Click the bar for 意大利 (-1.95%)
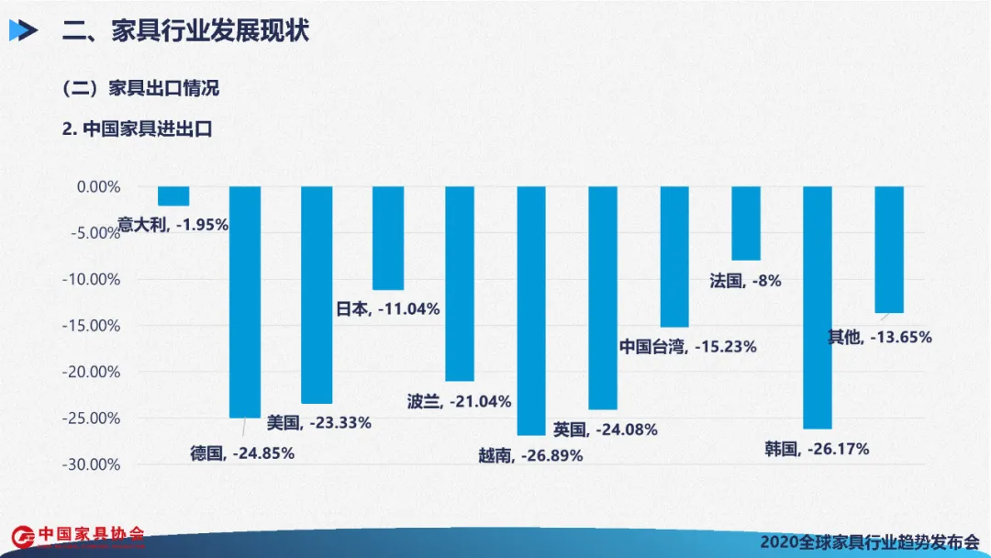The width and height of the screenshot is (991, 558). [173, 195]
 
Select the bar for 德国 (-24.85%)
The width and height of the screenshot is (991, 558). [244, 302]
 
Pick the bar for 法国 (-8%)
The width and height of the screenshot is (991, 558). [746, 223]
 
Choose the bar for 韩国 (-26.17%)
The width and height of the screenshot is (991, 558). [818, 307]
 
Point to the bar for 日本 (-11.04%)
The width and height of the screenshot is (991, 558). [388, 238]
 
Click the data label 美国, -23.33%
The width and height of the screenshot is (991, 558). [318, 423]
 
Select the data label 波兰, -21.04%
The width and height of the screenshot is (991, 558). [459, 401]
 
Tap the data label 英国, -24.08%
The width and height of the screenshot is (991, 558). [605, 429]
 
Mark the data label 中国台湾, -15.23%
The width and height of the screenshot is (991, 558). [687, 347]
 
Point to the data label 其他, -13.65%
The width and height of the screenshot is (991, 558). [879, 337]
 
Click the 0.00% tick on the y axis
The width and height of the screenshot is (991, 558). [98, 186]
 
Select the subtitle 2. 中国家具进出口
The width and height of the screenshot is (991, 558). [137, 129]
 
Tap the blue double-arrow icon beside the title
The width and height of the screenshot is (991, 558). [23, 31]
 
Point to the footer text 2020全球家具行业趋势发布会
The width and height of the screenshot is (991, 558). [870, 541]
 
